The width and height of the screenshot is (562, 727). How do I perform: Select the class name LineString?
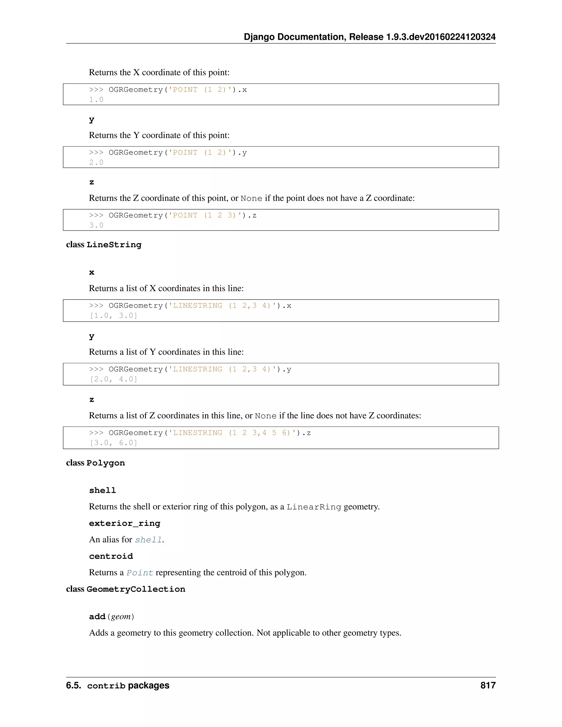tap(114, 245)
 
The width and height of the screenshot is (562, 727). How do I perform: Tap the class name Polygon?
tap(106, 463)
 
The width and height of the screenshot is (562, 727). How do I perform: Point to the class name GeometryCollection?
tap(136, 589)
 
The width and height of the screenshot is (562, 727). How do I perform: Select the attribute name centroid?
tap(111, 556)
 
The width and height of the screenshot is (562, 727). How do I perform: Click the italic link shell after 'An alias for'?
tap(148, 540)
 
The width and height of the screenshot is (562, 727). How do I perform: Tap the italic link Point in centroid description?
tap(140, 573)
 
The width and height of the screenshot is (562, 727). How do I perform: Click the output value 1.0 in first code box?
tap(96, 100)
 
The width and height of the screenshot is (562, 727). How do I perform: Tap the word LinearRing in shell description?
tap(314, 507)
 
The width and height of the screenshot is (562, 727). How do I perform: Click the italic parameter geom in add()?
tap(121, 617)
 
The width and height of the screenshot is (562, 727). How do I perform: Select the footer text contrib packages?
tap(128, 686)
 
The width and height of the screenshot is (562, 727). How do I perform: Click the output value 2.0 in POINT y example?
tap(96, 162)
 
